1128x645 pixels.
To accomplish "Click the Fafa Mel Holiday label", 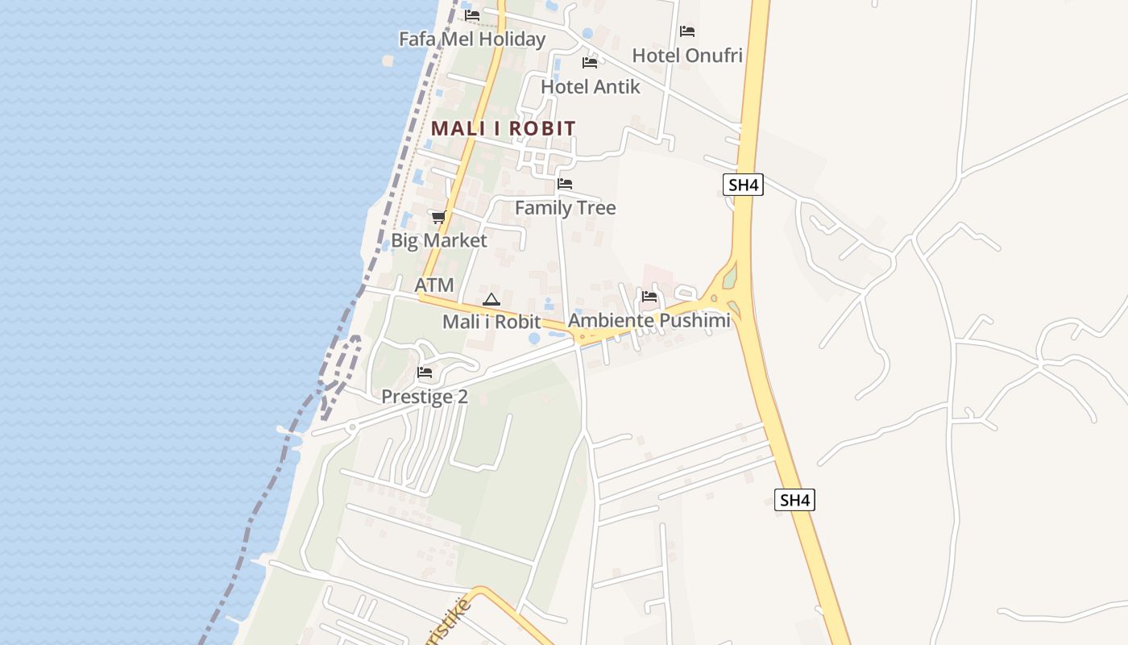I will click(472, 39).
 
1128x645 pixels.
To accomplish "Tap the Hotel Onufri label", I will click(687, 56).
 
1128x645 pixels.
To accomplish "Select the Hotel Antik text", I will click(591, 86).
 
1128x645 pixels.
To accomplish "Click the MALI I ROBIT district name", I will click(504, 128).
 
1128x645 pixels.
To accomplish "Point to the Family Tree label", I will click(565, 208).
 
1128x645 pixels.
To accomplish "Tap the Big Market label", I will click(439, 240).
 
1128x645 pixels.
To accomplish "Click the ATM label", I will click(434, 285).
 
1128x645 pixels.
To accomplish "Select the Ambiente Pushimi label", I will click(649, 320).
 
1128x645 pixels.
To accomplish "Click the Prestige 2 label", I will click(425, 397).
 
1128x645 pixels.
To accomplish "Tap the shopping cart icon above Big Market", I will click(438, 217).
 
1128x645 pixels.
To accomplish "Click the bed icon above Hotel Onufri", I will click(687, 31).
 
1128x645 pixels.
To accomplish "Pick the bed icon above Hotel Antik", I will click(590, 62).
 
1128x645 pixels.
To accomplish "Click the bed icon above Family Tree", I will click(565, 184).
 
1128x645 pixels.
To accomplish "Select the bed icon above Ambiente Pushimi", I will click(649, 296).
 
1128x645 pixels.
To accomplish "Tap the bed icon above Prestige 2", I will click(425, 372).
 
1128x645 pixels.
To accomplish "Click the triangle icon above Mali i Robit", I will click(491, 299).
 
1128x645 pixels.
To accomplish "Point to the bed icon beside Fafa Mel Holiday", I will click(472, 15).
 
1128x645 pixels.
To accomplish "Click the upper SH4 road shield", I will click(743, 185).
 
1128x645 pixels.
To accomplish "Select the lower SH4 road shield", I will click(795, 500).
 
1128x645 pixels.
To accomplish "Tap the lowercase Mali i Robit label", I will click(491, 322).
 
